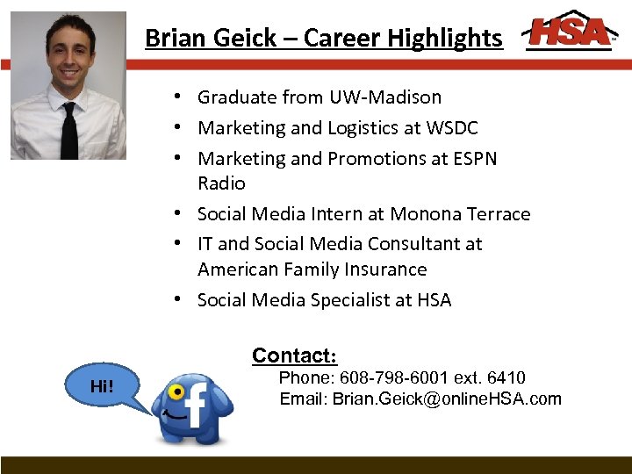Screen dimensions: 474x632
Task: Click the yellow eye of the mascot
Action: coord(177,391)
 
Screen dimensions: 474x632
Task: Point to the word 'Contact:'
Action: coord(294,355)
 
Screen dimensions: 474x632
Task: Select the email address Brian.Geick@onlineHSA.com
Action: coord(447,399)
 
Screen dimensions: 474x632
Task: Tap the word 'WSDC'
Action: coord(452,128)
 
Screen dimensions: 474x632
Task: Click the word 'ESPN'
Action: coord(473,159)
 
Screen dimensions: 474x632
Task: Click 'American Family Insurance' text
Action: coord(312,269)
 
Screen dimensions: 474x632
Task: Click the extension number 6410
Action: coord(506,378)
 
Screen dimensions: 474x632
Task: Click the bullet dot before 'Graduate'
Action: coord(177,97)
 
